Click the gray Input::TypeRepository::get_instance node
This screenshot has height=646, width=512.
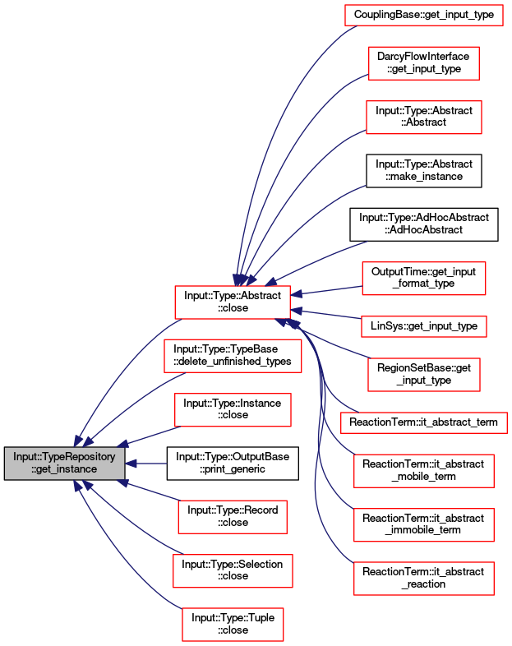point(65,464)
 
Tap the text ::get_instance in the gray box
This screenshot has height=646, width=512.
point(65,469)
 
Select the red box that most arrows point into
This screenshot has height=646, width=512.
point(233,302)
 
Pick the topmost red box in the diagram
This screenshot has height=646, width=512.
point(423,15)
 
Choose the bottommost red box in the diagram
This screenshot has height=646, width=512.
point(233,625)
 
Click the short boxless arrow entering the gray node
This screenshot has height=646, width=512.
point(148,464)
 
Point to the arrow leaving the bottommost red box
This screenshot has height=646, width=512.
point(123,559)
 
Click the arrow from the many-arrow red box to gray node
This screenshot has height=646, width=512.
point(123,370)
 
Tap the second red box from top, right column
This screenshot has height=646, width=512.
point(423,63)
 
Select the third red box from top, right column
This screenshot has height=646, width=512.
point(423,118)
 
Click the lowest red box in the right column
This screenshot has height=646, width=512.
point(423,579)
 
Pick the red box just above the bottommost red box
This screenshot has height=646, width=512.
point(233,571)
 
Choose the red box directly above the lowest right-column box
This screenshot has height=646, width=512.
point(423,525)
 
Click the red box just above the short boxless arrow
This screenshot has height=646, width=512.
point(233,410)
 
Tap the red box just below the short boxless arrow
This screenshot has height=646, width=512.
point(233,517)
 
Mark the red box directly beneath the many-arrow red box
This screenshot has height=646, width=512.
point(233,355)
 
